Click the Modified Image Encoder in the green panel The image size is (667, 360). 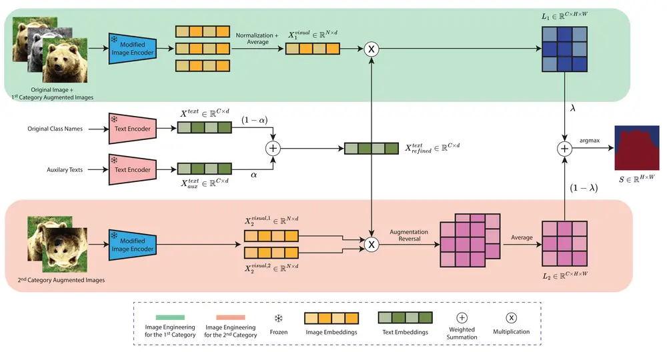[x=132, y=49]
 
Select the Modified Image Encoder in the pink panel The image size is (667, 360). [x=132, y=245]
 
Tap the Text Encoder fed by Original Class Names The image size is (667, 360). [x=132, y=129]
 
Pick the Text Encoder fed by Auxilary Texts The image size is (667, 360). [x=132, y=169]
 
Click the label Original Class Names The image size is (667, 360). [x=55, y=129]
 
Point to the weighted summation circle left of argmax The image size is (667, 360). [x=564, y=149]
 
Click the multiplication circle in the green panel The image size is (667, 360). [x=372, y=49]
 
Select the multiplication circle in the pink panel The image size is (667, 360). [x=372, y=245]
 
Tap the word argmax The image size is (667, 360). [x=590, y=141]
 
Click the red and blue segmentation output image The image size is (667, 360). [x=637, y=148]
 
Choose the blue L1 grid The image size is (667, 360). [x=564, y=49]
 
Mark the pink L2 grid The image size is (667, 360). [x=564, y=243]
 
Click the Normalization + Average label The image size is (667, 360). [x=257, y=39]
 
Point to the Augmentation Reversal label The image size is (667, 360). [x=409, y=235]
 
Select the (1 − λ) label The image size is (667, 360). [x=584, y=188]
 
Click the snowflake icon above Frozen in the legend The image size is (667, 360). [x=279, y=319]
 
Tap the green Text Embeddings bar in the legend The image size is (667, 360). [x=406, y=317]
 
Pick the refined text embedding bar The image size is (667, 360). [x=372, y=149]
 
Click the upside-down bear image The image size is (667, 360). [x=65, y=250]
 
